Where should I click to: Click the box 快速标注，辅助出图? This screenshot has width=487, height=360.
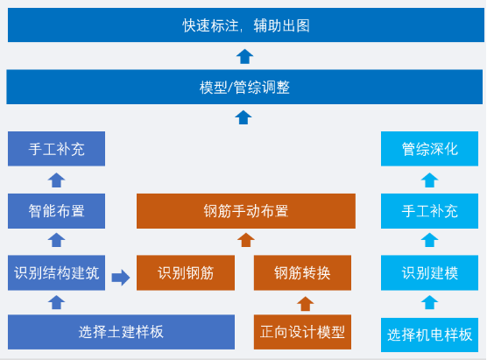244,25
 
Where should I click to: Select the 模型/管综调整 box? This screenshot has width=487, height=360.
244,88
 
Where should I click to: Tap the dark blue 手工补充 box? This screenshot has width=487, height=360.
56,149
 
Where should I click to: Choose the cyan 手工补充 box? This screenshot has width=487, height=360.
430,211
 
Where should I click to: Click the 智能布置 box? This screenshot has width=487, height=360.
56,211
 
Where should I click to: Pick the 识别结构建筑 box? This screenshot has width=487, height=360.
56,272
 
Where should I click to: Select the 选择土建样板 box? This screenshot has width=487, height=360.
121,332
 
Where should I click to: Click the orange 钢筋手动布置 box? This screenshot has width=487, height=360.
245,211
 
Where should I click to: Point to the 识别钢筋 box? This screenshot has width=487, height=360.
186,272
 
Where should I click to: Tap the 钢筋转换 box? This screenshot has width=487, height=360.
302,272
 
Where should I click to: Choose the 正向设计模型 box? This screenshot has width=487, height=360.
302,333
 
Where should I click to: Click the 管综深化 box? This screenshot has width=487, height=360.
430,149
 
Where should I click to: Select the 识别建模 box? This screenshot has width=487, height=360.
430,272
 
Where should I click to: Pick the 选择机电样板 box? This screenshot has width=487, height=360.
430,334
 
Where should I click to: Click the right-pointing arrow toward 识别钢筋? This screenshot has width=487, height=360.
121,278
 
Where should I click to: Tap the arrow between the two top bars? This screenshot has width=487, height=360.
244,57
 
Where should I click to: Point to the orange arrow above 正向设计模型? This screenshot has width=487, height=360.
304,304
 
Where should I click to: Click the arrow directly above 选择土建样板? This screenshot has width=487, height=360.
57,302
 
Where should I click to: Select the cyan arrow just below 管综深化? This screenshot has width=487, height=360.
429,180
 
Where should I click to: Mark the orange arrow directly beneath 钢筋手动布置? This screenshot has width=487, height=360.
246,240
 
